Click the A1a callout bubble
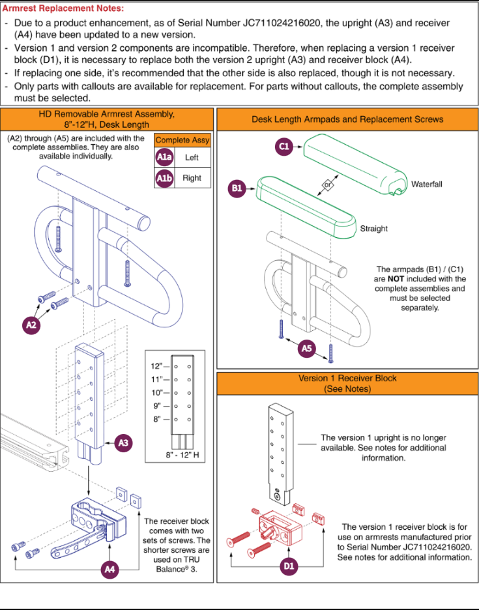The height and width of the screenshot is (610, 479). pyautogui.click(x=164, y=157)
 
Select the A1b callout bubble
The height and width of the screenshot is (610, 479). pyautogui.click(x=164, y=178)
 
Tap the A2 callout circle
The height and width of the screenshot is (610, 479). pyautogui.click(x=31, y=325)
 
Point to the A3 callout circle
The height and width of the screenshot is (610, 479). pyautogui.click(x=123, y=443)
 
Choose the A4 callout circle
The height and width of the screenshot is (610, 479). pyautogui.click(x=109, y=569)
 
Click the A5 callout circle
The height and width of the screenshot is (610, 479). pyautogui.click(x=306, y=348)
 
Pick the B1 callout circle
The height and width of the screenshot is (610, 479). pyautogui.click(x=237, y=188)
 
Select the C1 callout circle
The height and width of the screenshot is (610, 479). pyautogui.click(x=284, y=146)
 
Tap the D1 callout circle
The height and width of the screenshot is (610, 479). pyautogui.click(x=289, y=566)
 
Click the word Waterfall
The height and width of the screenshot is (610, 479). pyautogui.click(x=427, y=184)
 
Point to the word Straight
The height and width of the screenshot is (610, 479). pyautogui.click(x=374, y=228)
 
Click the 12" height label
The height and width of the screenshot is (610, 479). pyautogui.click(x=156, y=366)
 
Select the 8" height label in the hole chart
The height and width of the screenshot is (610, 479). pyautogui.click(x=157, y=419)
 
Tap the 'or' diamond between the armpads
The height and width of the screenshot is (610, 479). pyautogui.click(x=328, y=184)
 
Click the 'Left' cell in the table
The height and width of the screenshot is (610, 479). pyautogui.click(x=192, y=158)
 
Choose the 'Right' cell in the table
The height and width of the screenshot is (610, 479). pyautogui.click(x=192, y=178)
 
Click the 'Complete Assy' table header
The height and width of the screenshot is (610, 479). pyautogui.click(x=182, y=140)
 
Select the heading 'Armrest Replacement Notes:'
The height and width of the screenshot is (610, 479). pyautogui.click(x=63, y=8)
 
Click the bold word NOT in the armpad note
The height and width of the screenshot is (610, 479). pyautogui.click(x=396, y=279)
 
